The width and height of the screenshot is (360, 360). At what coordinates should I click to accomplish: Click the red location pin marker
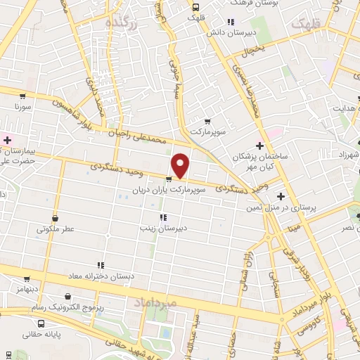point(181,165)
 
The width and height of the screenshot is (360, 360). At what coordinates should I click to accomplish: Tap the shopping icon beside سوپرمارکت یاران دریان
point(167,179)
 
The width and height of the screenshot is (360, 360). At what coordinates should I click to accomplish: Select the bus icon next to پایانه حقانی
point(41,324)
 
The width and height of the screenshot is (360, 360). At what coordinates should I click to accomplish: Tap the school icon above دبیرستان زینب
point(163,217)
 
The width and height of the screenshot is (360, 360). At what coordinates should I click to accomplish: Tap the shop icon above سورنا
point(23,96)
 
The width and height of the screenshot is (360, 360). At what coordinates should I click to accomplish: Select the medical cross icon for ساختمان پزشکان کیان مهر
point(260,146)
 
